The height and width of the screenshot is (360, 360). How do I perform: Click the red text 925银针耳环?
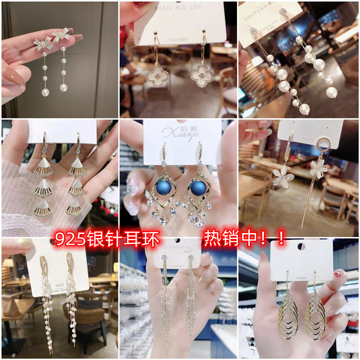pos(107,239)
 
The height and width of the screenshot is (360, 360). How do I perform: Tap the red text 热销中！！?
pos(244,238)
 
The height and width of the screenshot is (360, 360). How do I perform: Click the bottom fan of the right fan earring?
pos(76,207)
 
